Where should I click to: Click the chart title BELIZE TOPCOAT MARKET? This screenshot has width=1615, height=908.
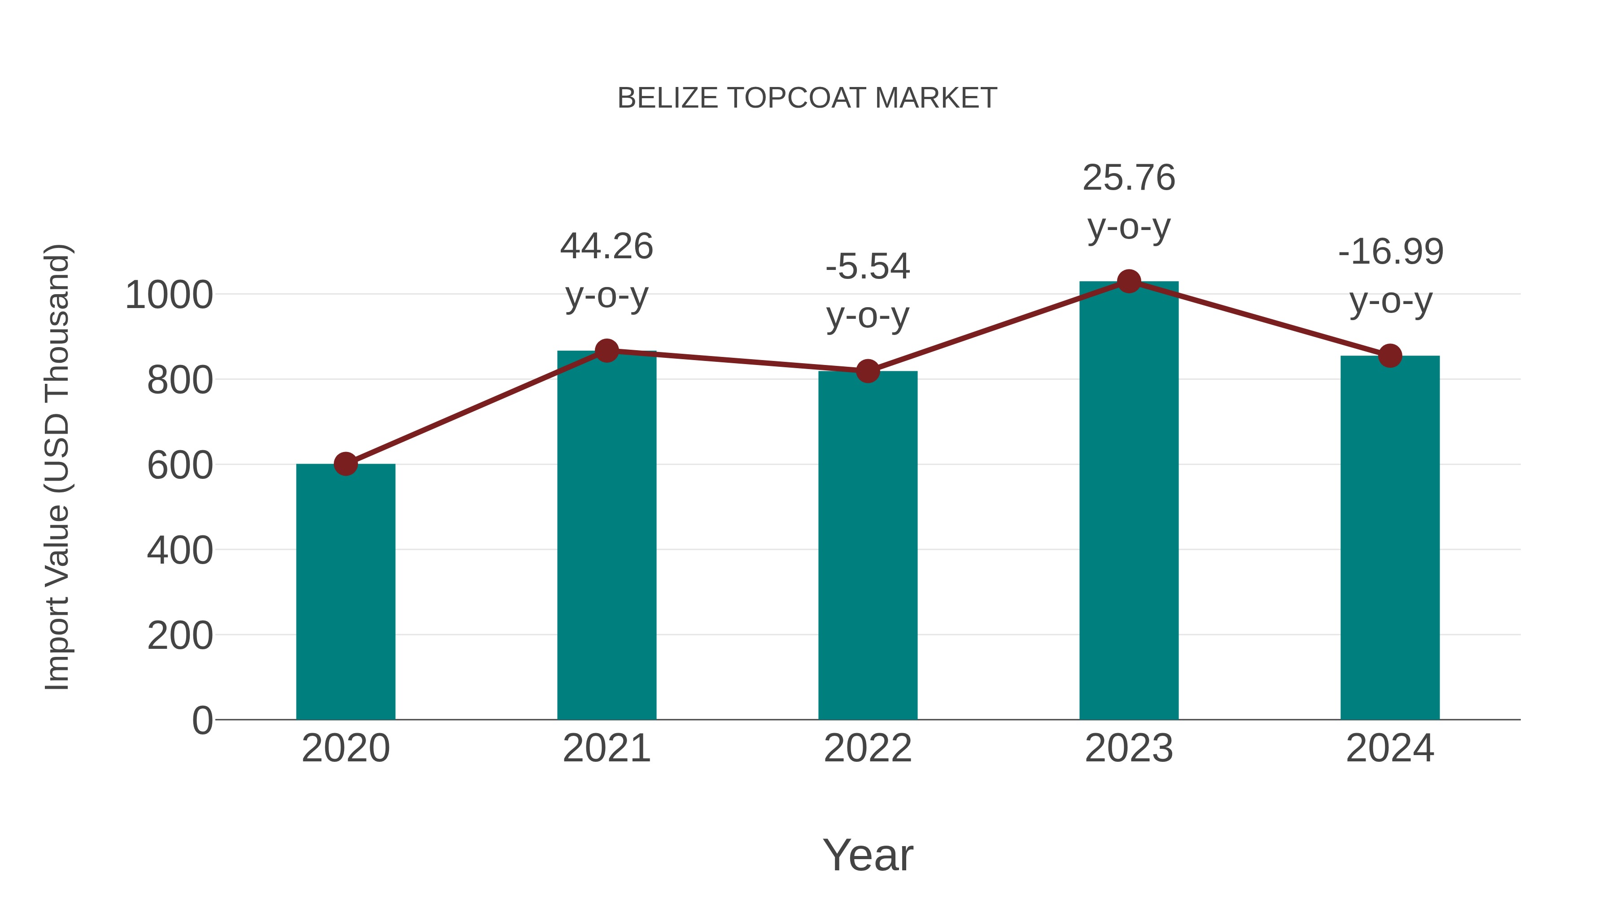tap(807, 98)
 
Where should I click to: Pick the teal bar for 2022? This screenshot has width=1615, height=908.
tap(867, 545)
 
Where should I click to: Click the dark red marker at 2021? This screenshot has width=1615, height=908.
tap(606, 351)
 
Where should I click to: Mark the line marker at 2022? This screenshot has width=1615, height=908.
tap(867, 371)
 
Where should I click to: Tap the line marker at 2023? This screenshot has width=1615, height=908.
tap(1129, 281)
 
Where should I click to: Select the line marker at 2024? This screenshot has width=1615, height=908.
tap(1389, 356)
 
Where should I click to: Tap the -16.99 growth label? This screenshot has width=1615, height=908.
tap(1390, 276)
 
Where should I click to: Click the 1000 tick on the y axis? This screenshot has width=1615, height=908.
tap(169, 295)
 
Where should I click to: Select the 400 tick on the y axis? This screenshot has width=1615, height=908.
tap(180, 551)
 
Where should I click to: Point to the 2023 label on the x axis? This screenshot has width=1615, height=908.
tap(1129, 748)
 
